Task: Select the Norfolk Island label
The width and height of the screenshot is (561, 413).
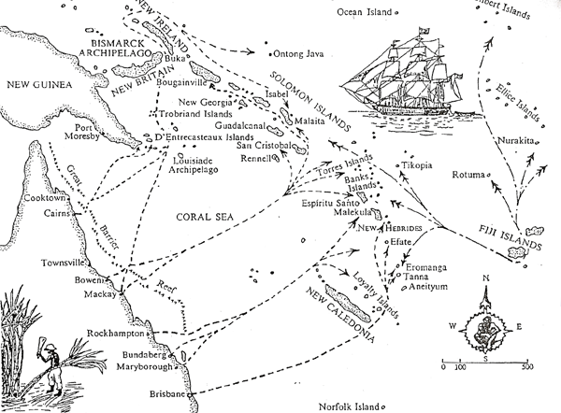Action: (x=352, y=406)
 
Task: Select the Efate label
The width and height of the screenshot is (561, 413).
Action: (x=400, y=239)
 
